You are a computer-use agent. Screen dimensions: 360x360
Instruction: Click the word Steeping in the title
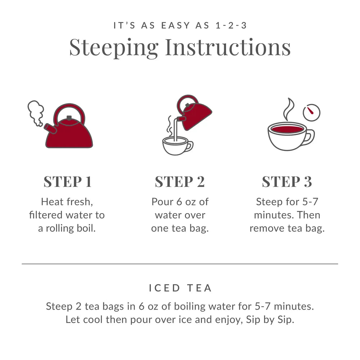tap(114, 48)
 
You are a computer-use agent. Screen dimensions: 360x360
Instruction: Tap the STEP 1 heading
tap(68, 181)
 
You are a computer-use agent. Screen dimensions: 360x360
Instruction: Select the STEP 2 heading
tap(180, 181)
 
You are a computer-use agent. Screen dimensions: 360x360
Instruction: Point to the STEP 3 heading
tap(287, 181)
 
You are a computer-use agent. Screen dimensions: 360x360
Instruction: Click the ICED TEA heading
tap(180, 288)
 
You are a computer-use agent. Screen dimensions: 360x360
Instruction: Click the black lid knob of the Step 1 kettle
tap(69, 118)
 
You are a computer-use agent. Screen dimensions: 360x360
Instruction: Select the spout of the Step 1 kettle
tap(50, 128)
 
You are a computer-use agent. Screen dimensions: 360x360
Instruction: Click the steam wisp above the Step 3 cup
tap(288, 109)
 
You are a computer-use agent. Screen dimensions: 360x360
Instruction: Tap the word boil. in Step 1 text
tap(86, 228)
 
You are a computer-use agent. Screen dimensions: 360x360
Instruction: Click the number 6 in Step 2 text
tap(179, 202)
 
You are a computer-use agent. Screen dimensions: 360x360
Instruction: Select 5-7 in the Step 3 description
tap(310, 202)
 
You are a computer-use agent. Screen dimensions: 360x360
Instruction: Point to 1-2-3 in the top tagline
tap(231, 25)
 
